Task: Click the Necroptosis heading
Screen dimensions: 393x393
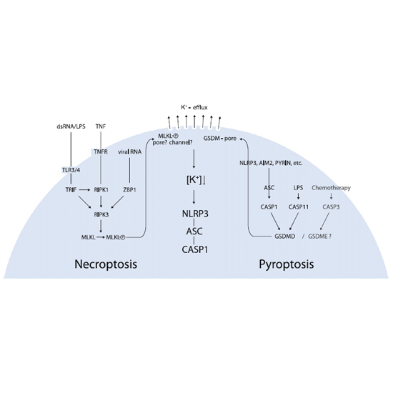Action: pos(106,264)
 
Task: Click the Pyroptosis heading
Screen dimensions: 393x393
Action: pos(287,264)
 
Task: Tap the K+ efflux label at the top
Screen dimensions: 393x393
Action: pos(194,107)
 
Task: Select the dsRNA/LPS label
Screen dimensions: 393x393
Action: pos(71,126)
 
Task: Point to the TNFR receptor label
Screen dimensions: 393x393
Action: pos(101,151)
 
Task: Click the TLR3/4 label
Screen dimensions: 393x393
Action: pos(71,170)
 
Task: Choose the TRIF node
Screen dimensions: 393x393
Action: pos(71,190)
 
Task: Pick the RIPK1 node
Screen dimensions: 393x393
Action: pos(101,190)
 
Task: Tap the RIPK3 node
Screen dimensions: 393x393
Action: pos(101,215)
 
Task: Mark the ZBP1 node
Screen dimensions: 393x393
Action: pos(129,190)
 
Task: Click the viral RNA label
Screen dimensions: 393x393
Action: pos(129,152)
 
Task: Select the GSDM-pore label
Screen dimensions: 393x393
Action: pos(220,139)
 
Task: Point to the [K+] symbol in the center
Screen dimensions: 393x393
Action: pos(194,180)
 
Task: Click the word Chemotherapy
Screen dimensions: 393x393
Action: pos(331,188)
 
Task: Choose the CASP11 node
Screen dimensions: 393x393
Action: pos(299,207)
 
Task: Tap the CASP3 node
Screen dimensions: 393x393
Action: pos(331,207)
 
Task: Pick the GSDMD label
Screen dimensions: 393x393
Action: pos(284,237)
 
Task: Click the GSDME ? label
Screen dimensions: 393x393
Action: pos(320,237)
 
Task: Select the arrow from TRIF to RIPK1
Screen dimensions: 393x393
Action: pos(84,190)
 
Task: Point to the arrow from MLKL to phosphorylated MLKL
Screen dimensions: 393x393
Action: pos(101,237)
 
